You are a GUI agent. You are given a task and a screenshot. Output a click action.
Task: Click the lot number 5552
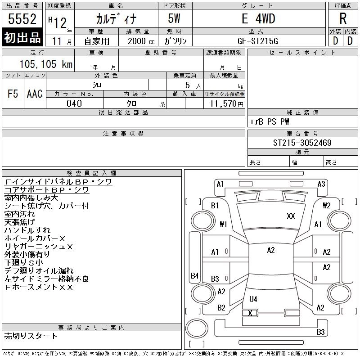click(22, 19)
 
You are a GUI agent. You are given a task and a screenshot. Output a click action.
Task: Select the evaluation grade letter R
click(343, 19)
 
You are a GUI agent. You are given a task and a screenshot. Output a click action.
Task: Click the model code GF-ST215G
click(258, 40)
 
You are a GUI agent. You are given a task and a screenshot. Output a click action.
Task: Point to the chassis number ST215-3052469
click(303, 143)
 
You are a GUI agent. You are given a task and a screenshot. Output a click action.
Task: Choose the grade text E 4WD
click(258, 19)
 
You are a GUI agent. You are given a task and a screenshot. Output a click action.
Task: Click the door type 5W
click(175, 19)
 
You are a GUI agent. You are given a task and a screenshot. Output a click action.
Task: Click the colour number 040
click(74, 104)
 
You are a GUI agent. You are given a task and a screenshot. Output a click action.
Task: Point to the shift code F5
click(13, 94)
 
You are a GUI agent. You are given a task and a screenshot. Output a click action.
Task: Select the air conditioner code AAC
click(35, 94)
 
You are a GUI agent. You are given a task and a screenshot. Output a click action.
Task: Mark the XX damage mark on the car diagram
click(291, 216)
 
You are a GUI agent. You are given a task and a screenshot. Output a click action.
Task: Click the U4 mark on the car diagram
click(253, 299)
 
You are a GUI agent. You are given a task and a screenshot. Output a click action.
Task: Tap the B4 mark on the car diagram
click(194, 275)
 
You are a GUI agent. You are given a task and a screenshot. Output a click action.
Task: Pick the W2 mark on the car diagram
click(327, 206)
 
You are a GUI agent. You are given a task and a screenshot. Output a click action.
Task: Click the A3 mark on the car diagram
click(321, 184)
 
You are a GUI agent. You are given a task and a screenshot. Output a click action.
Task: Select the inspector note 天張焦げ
click(19, 222)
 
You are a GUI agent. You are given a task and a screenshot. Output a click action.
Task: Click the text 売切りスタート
click(31, 336)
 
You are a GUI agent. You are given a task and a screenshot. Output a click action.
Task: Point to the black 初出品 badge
click(22, 38)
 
